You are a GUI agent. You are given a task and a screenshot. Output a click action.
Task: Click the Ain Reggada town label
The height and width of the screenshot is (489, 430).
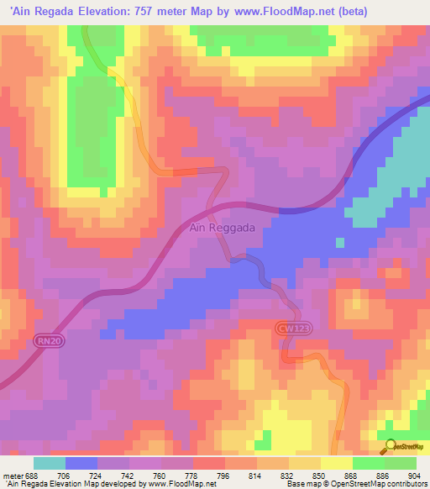(220, 229)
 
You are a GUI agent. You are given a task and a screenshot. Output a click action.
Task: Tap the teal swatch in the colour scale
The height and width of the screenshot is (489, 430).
(50, 463)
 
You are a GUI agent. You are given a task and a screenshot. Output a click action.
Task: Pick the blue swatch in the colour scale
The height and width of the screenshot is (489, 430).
(81, 463)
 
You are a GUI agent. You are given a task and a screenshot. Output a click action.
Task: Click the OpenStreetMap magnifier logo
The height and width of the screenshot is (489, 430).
(389, 447)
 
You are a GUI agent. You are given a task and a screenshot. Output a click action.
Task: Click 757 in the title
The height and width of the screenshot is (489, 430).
(153, 11)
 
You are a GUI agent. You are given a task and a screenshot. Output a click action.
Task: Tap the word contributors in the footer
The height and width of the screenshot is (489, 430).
(403, 483)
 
